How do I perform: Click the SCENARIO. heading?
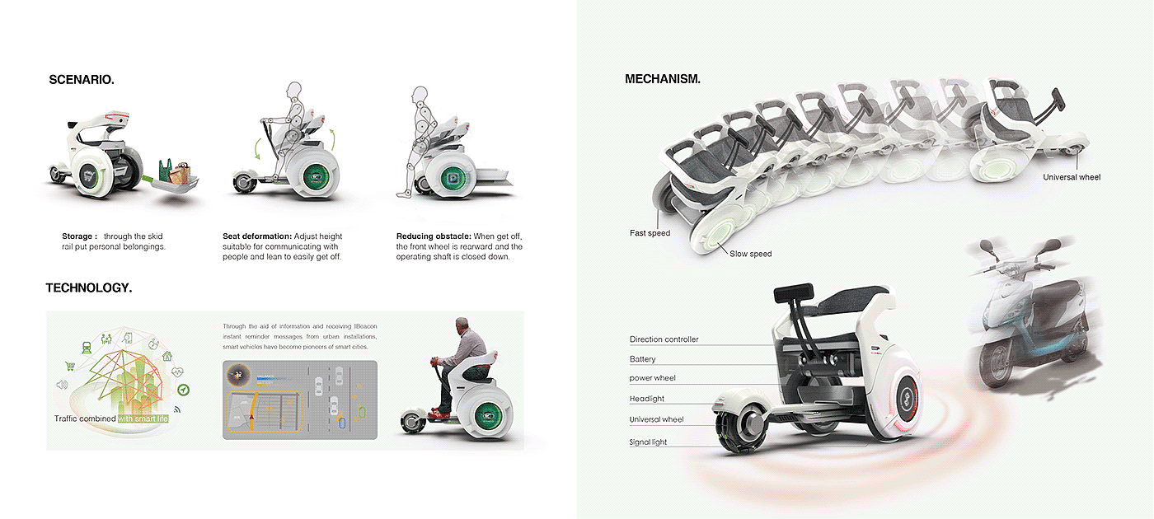point(82,80)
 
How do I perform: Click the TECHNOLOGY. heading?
point(89,288)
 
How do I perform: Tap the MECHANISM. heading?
point(663,79)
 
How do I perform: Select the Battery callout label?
point(643,359)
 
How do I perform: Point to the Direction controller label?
point(664,339)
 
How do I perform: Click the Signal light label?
point(648,442)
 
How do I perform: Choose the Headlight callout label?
point(646,399)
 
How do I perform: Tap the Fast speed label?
point(650,233)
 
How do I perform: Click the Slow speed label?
point(750,254)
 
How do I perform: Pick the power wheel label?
point(653,378)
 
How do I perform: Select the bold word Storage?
point(77,236)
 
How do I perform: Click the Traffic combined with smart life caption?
point(111,418)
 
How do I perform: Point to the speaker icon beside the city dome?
point(61,385)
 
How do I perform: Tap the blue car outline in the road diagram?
point(344,423)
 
